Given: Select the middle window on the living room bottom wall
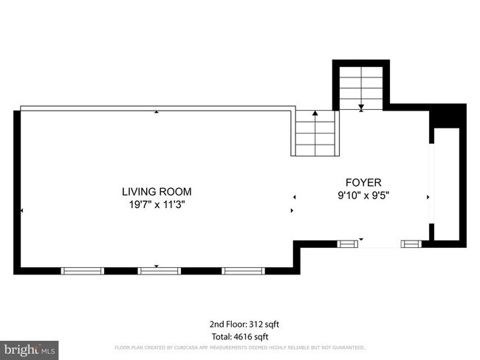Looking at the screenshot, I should click(x=160, y=270).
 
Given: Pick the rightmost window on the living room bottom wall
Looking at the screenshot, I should click(x=243, y=270).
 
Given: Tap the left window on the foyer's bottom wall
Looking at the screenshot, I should click(x=346, y=243).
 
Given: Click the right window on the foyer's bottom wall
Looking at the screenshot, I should click(x=411, y=243).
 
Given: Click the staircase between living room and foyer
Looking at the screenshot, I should click(x=316, y=133).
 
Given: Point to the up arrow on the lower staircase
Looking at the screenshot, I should click(x=316, y=114).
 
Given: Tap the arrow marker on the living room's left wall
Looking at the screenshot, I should click(x=22, y=210).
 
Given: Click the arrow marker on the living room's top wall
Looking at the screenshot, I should click(x=157, y=112).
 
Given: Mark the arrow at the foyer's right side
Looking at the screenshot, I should click(x=428, y=197).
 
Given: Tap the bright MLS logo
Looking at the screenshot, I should click(x=30, y=347).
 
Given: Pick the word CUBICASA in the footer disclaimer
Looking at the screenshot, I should click(x=191, y=347).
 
